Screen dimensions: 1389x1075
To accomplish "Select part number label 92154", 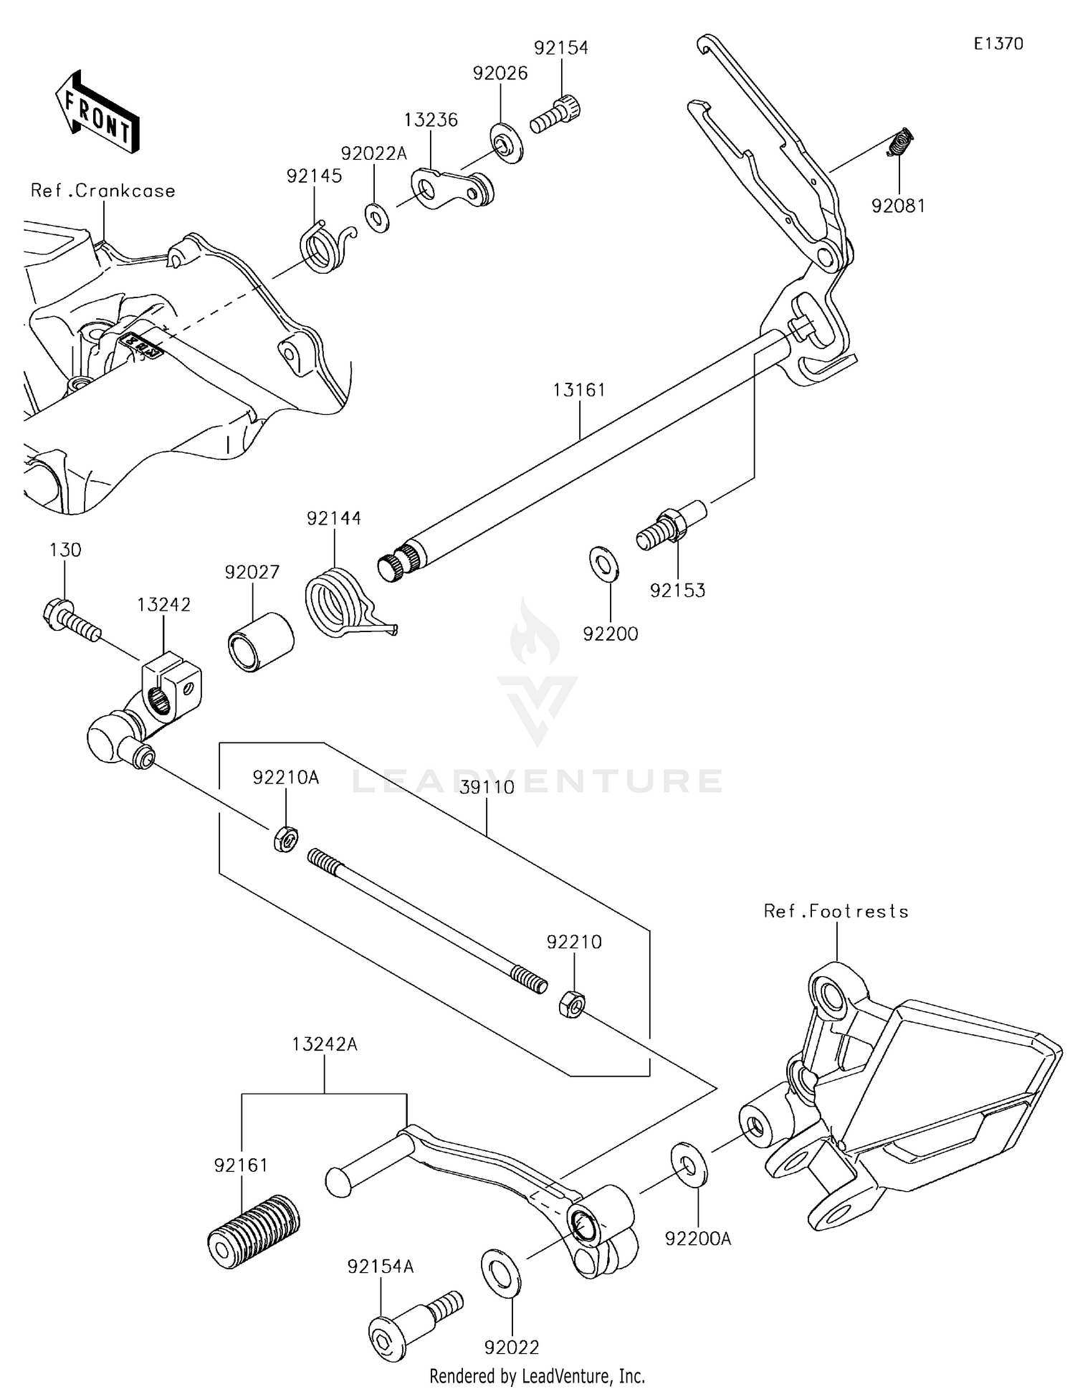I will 560,48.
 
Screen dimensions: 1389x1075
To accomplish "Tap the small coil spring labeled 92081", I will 901,141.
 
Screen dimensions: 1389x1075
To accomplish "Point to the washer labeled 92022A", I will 377,218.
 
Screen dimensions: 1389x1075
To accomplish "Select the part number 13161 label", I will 579,390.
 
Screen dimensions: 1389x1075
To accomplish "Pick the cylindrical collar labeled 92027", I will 261,640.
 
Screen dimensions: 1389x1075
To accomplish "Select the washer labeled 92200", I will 605,563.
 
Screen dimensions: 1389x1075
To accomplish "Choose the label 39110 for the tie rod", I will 487,787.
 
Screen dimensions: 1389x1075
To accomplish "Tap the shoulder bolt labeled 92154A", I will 412,1324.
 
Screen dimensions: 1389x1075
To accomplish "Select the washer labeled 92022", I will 500,1271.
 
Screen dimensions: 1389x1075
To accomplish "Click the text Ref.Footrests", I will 836,911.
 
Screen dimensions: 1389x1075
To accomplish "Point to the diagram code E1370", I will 998,44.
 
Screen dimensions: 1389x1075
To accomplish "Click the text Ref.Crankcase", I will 102,191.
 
